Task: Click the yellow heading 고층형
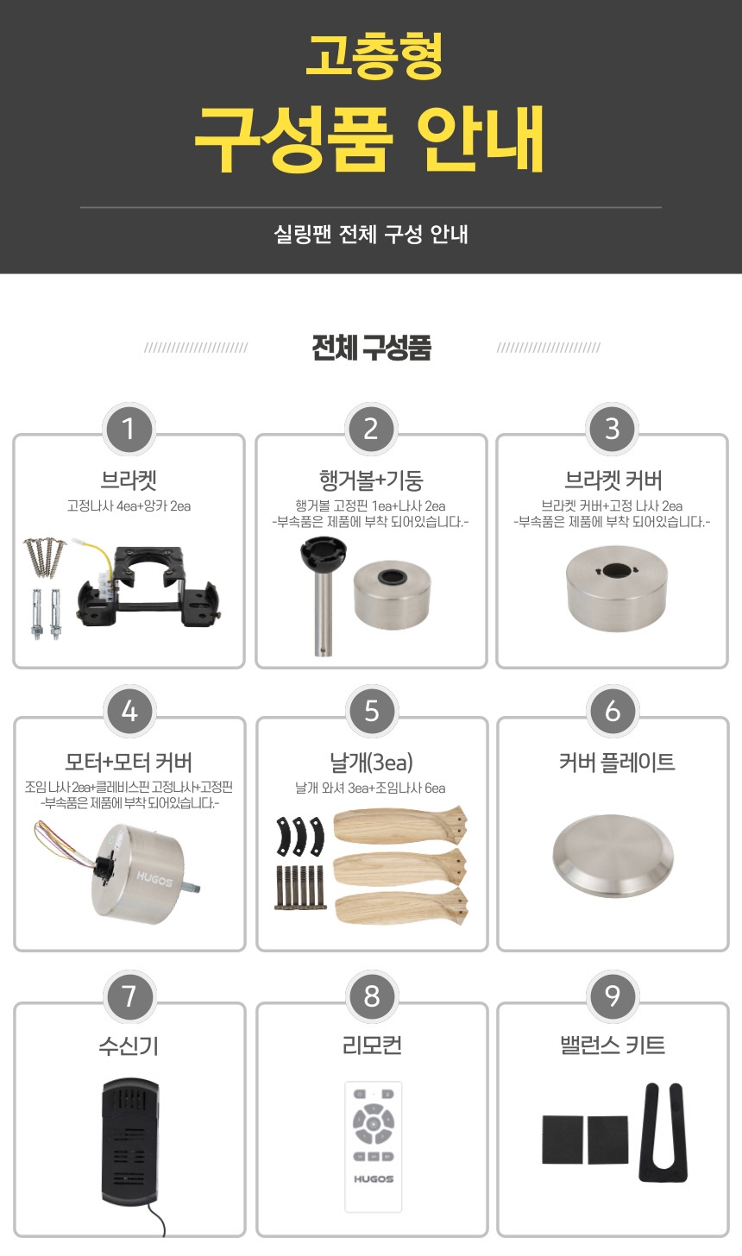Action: click(x=374, y=54)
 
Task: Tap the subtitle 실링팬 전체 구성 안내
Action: click(x=371, y=234)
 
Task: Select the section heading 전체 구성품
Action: click(x=371, y=348)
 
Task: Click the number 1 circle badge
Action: click(x=129, y=429)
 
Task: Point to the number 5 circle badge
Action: click(x=371, y=711)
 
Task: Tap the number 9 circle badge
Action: click(x=613, y=995)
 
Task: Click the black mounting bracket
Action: click(x=148, y=586)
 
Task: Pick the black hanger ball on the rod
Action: click(x=323, y=553)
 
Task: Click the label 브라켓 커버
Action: click(x=613, y=480)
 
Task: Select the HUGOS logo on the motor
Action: click(x=154, y=879)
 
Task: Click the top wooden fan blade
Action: click(x=401, y=826)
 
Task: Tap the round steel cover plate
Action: click(x=613, y=856)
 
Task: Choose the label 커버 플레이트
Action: click(x=616, y=762)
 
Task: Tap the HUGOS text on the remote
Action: click(x=374, y=1179)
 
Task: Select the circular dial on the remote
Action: click(x=373, y=1122)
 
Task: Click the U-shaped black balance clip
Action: click(x=663, y=1134)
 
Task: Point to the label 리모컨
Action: click(x=371, y=1046)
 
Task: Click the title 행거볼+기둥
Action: click(x=371, y=480)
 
